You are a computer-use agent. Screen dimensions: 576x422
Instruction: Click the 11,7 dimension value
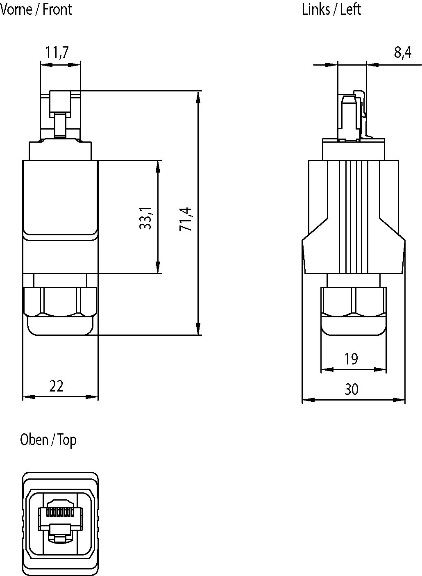click(57, 52)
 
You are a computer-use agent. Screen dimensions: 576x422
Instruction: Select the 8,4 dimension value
click(402, 52)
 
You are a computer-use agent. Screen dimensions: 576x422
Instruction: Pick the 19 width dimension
click(351, 359)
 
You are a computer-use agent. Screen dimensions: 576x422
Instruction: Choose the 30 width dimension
click(351, 389)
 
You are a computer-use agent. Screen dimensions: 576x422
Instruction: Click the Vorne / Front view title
click(36, 9)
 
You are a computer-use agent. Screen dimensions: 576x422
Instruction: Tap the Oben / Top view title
click(48, 440)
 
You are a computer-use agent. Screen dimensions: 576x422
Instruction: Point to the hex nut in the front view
click(60, 301)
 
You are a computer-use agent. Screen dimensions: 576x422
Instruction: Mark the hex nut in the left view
click(353, 301)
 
